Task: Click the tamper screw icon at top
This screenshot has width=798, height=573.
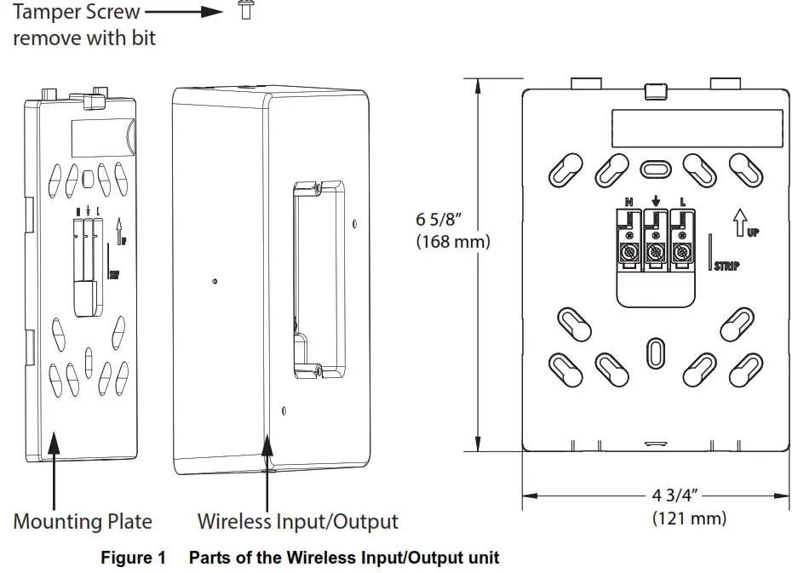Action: click(245, 12)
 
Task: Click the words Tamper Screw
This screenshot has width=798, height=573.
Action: click(76, 12)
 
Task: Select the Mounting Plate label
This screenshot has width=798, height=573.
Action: click(83, 521)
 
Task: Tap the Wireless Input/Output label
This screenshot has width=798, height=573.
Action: click(297, 521)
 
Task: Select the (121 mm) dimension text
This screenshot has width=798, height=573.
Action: click(689, 518)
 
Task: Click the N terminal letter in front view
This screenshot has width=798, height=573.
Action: click(629, 203)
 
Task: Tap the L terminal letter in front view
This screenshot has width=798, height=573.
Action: click(681, 203)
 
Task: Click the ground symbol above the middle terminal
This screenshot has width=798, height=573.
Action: click(655, 202)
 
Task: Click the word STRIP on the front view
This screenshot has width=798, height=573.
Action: click(726, 266)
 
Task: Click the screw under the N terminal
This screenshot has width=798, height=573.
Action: click(629, 253)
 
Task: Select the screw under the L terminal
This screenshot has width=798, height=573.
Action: click(681, 253)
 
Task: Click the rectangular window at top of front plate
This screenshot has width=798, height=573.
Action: click(696, 128)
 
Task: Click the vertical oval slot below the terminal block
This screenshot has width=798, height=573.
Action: click(655, 352)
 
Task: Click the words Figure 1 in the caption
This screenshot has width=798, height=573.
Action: click(133, 559)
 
